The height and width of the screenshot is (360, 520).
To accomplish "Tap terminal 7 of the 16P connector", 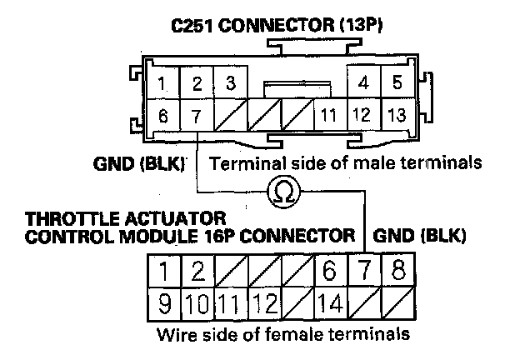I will pos(365,271).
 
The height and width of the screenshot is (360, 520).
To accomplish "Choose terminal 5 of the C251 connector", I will pos(396,84).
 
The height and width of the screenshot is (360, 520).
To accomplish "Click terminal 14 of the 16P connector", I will pos(331,302).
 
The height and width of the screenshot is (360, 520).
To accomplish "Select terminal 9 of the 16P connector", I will pos(166,302).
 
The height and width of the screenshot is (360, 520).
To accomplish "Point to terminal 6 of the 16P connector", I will pos(331,271).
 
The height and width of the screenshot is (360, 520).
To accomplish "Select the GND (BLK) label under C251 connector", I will pos(138,161).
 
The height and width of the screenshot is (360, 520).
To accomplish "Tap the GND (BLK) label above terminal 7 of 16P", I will pos(419,235).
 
